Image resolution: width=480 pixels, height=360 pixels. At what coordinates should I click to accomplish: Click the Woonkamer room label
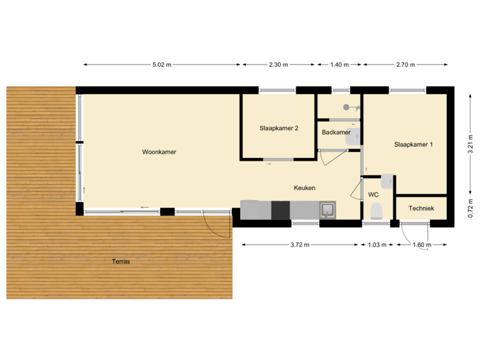coord(159,152)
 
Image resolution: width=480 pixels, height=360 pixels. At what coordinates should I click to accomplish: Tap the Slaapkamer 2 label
coord(279,128)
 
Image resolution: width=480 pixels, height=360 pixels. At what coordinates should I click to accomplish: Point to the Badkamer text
coord(336,132)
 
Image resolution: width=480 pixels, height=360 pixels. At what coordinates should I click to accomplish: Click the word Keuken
coord(305,188)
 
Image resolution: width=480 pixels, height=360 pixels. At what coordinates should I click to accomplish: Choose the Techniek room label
coord(421,209)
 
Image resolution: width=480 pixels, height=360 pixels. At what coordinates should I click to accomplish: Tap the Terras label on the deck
coord(121,262)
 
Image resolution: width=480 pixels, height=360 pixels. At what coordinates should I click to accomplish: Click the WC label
coord(373,195)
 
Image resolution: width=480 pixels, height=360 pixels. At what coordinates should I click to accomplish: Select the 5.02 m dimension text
coord(162,65)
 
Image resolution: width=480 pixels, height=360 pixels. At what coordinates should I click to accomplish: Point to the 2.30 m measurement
coord(278,65)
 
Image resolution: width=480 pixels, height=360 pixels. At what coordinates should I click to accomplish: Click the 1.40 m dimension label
coord(339,65)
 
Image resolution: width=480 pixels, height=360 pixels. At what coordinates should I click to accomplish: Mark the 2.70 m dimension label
coord(405,65)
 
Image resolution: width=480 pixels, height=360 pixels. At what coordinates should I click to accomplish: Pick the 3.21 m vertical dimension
coord(470,145)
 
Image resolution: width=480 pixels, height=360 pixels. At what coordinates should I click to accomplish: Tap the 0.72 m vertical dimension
coord(470,211)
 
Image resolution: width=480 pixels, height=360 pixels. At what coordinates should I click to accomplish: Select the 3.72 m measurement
coord(300,245)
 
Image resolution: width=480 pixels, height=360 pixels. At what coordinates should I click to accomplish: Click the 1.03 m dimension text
coord(377,245)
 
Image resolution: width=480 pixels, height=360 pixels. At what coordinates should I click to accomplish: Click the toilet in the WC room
coord(376,211)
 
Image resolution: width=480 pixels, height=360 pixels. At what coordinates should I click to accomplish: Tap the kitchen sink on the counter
coord(328,210)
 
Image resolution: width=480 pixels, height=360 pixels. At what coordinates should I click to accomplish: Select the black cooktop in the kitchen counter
coord(281,210)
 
